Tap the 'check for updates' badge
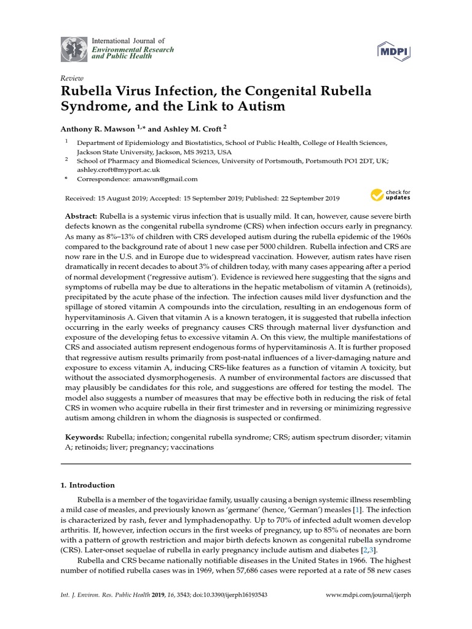click(390, 196)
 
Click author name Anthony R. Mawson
click(97, 129)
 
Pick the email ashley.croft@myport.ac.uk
click(118, 170)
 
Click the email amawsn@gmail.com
click(167, 179)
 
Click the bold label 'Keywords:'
click(85, 437)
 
